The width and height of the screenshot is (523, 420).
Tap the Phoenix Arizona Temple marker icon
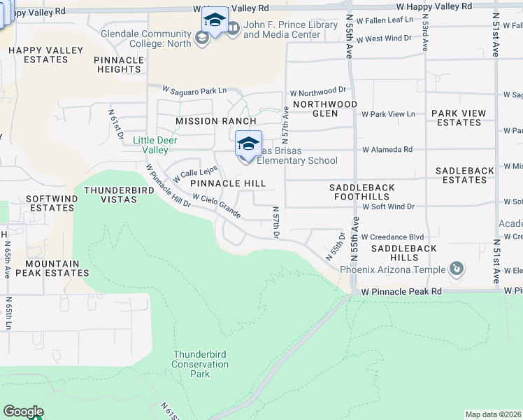pos(457,269)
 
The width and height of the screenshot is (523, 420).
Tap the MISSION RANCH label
pos(215,121)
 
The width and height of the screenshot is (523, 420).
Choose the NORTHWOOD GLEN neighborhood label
pos(325,108)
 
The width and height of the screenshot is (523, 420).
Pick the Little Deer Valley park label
pos(155,145)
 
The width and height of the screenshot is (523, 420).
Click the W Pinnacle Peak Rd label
pos(401,290)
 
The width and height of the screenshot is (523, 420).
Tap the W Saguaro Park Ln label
pos(195,90)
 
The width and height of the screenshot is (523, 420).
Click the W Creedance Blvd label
pos(393,237)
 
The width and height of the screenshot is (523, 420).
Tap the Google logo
pos(23,412)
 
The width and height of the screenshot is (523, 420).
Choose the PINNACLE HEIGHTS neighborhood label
pos(119,64)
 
